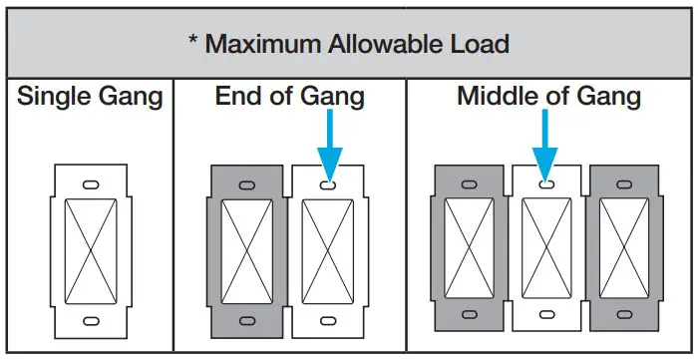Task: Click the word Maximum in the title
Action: tap(261, 44)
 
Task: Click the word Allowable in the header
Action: tap(382, 44)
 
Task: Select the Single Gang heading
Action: tap(90, 97)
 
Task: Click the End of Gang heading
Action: tap(289, 97)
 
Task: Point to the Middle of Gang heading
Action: tap(548, 97)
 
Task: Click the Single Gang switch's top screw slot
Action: tap(90, 185)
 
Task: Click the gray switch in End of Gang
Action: tap(245, 253)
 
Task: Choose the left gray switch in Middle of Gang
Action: tap(468, 253)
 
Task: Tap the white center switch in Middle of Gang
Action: tap(544, 253)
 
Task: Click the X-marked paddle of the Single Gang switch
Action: tap(90, 253)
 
